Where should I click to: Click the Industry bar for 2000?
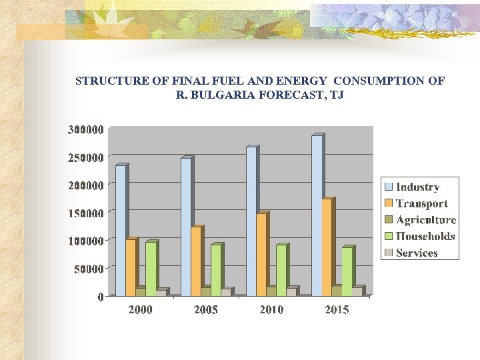coord(120,230)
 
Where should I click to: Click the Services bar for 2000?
coord(160,293)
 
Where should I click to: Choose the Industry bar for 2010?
coord(251,221)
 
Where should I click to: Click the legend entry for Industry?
coord(417,187)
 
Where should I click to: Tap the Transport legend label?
coord(421,203)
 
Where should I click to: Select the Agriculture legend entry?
coord(425,220)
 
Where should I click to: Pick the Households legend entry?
coord(425,236)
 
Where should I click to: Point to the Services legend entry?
coord(417,253)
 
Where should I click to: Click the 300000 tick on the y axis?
coord(85,129)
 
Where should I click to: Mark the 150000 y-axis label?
coord(85,213)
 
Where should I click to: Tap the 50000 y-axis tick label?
coord(88,269)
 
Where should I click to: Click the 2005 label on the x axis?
coord(205,310)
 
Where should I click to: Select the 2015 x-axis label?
coord(337,310)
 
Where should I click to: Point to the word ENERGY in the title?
coord(304,81)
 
